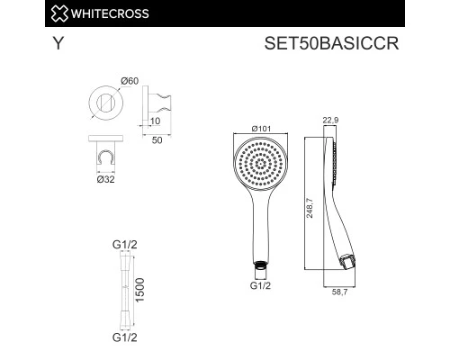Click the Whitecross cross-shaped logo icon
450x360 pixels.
tap(13, 12)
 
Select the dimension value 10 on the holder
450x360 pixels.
tap(155, 121)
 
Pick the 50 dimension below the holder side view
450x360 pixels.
tap(156, 139)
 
